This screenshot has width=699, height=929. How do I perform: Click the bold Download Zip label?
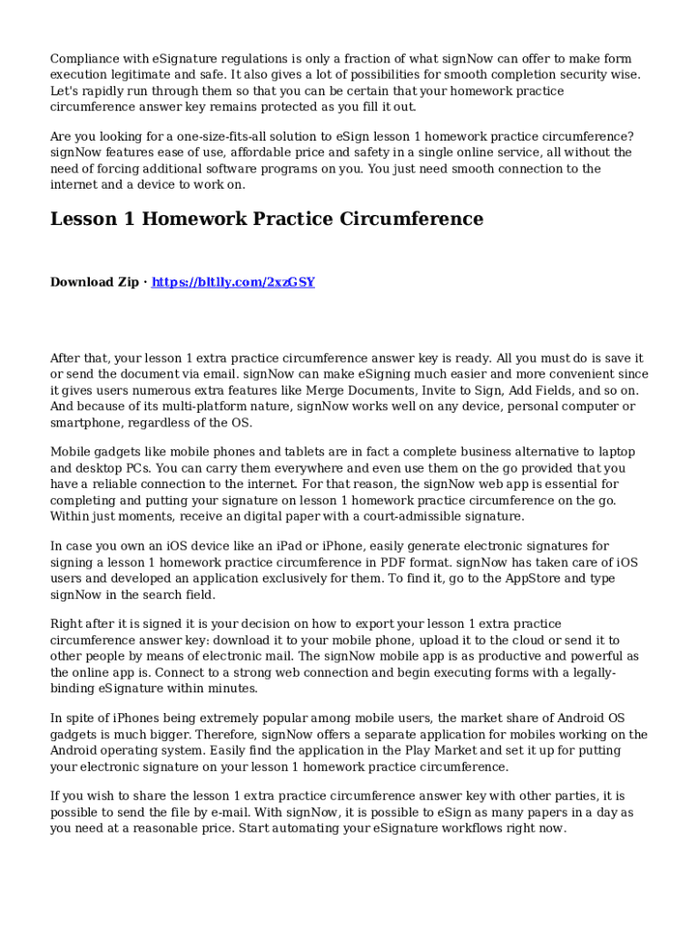pos(94,282)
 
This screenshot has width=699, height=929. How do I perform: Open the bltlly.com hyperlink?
pos(233,282)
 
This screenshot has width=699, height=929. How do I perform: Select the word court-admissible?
pos(408,517)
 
